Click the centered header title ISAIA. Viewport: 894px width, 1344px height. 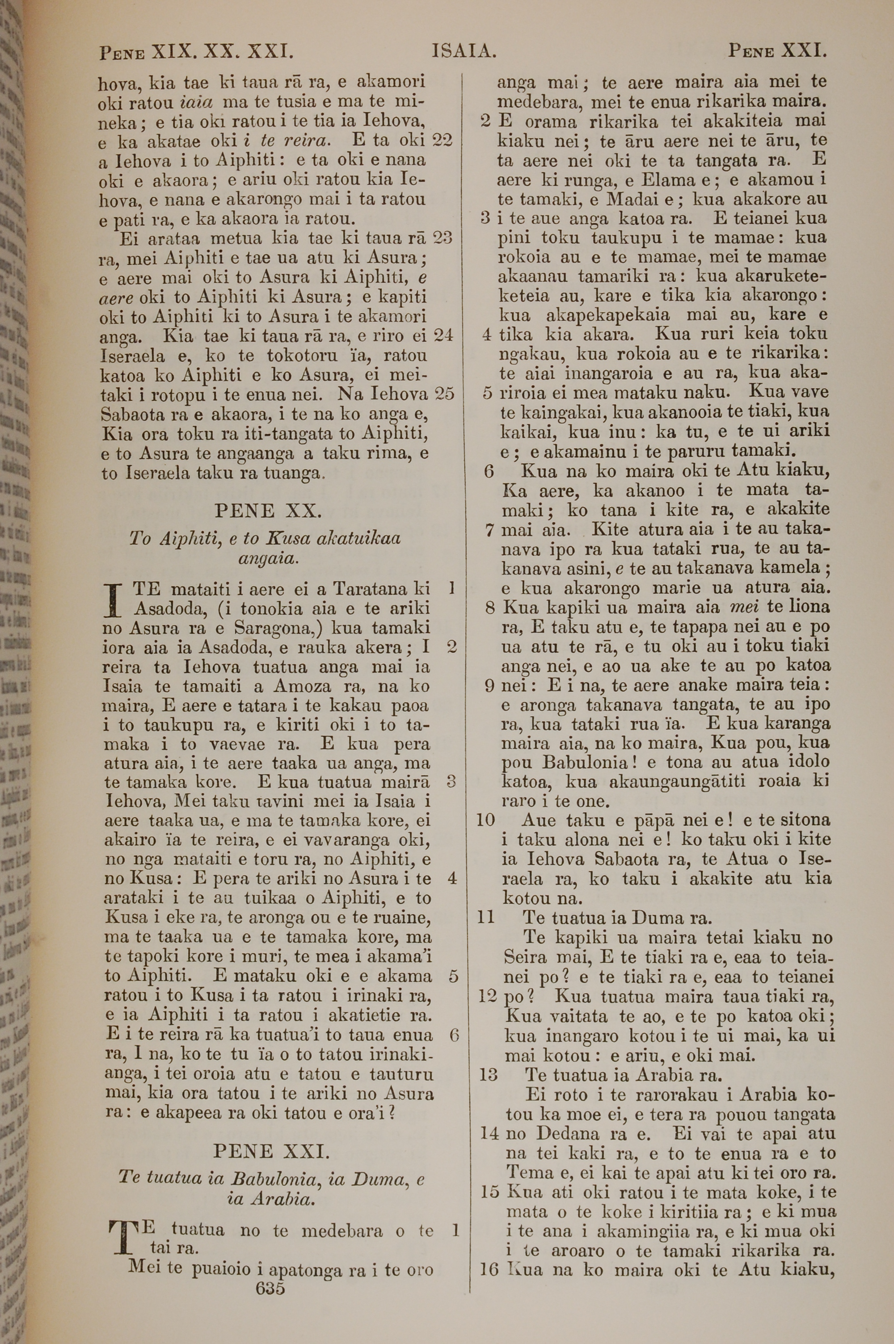point(464,52)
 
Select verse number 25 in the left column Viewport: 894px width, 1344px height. point(444,394)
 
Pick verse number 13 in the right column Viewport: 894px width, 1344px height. point(489,1075)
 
